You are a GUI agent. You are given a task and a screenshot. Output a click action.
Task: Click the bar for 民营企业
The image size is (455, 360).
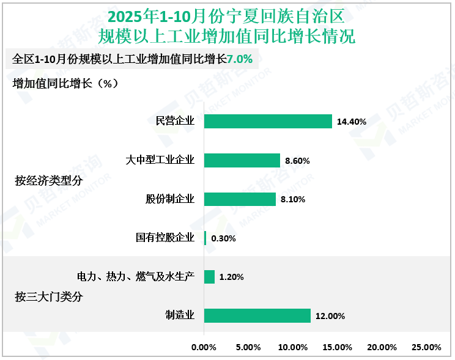point(268,121)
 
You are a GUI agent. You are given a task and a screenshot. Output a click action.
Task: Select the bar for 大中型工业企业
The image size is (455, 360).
point(242,160)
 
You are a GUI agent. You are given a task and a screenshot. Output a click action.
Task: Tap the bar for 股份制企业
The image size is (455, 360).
point(240,199)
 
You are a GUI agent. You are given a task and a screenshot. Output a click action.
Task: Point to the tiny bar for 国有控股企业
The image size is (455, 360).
point(205,238)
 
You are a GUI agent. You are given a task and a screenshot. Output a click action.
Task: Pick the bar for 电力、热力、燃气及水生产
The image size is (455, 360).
point(209,277)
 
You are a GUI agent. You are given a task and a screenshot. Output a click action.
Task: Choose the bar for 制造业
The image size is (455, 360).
point(257,315)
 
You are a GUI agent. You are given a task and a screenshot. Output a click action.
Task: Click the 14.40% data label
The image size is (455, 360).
point(352,122)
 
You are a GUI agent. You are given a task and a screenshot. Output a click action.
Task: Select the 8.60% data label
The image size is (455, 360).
point(298,161)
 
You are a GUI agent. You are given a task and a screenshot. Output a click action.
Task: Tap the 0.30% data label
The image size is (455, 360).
point(223,238)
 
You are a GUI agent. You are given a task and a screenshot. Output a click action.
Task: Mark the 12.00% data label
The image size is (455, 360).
point(330,316)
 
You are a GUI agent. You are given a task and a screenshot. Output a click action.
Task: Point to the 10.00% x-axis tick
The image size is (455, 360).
point(293,347)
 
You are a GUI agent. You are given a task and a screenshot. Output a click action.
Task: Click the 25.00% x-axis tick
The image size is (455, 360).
point(426,347)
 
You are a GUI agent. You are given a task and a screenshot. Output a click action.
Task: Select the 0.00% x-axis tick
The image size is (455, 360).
point(204,347)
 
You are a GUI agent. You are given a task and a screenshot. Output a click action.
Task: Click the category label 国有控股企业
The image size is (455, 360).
point(165,238)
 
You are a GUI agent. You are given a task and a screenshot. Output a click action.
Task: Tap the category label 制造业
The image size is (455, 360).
point(179,315)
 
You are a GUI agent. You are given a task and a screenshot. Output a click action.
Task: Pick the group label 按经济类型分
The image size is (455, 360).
point(48,180)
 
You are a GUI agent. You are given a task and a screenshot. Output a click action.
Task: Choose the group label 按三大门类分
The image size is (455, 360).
point(48,297)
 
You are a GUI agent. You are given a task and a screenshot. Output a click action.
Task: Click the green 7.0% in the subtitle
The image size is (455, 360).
point(240,59)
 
